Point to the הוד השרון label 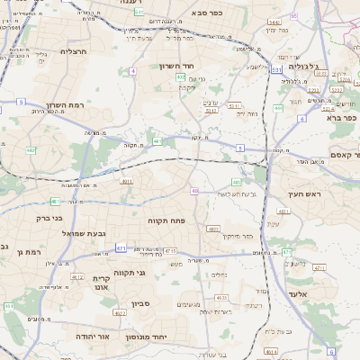tap(177, 67)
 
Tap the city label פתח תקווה tap(166, 220)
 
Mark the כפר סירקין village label tap(235, 236)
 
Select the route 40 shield tap(194, 191)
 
